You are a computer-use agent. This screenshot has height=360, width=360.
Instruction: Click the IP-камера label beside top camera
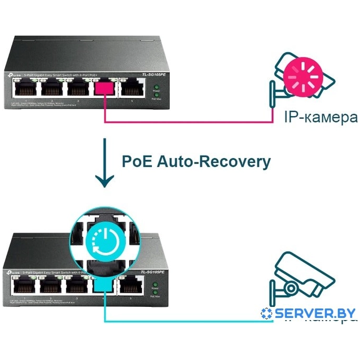(x=320, y=117)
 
